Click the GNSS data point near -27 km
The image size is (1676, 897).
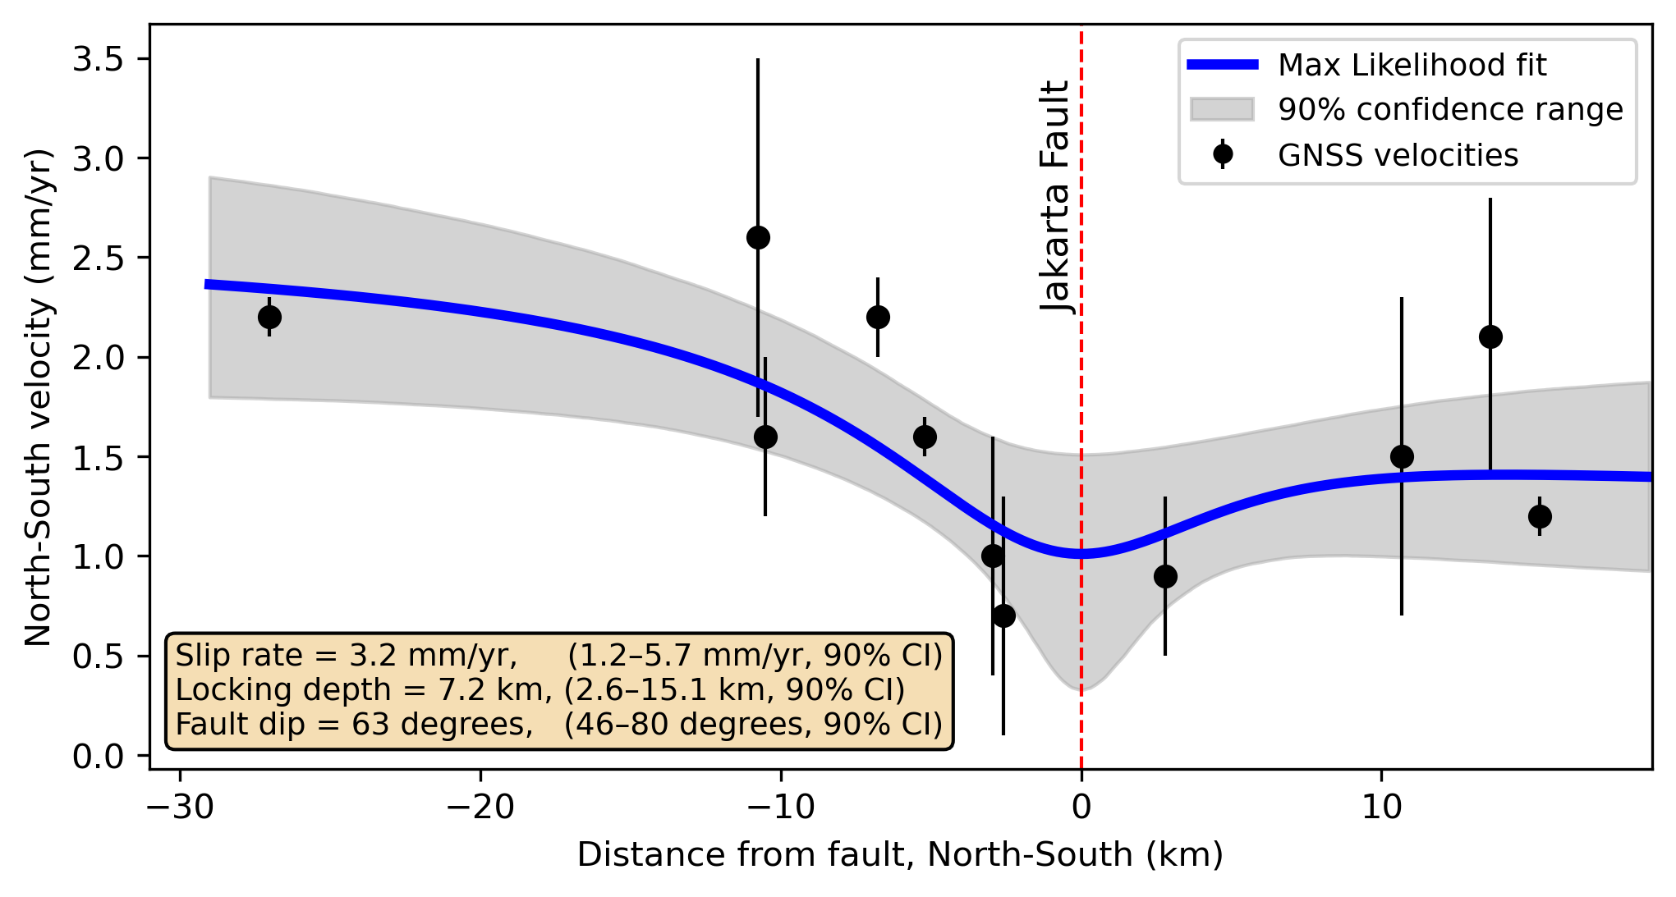[x=269, y=317]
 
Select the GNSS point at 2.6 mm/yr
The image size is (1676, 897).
[x=758, y=237]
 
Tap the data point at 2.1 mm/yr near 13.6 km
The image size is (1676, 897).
[x=1490, y=336]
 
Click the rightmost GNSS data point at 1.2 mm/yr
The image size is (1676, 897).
[x=1540, y=516]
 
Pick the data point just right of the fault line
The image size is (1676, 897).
[x=1165, y=576]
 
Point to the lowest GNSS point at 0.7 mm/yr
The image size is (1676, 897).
[x=1003, y=616]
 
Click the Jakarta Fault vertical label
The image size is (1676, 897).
[x=1055, y=196]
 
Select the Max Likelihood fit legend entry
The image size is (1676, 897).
[x=1411, y=65]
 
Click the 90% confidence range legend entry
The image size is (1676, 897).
[x=1449, y=109]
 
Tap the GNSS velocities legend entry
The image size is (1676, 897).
[x=1397, y=155]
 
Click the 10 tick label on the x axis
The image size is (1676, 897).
[x=1381, y=808]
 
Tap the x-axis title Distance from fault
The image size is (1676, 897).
[x=900, y=855]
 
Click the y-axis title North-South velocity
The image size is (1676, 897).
[x=38, y=397]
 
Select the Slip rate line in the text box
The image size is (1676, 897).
[x=558, y=656]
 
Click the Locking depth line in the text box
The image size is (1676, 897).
[x=540, y=690]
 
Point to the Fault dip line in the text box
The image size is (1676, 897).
[x=558, y=725]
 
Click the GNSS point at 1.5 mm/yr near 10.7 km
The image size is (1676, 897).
[x=1402, y=456]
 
